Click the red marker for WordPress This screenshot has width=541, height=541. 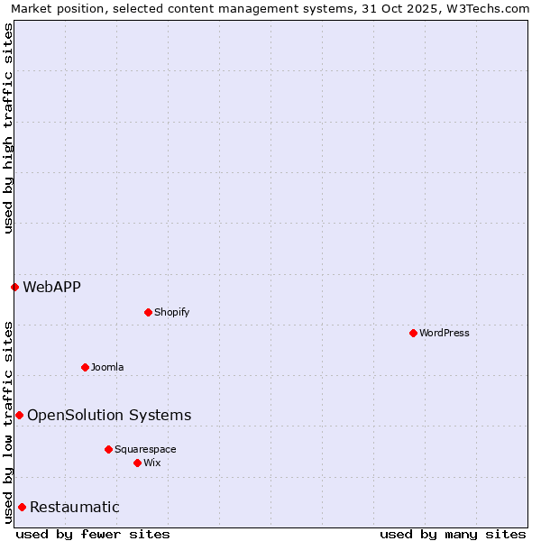[413, 333]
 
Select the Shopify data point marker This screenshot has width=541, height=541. [148, 312]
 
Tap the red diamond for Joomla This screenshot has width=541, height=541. [85, 367]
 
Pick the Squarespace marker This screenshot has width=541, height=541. [108, 449]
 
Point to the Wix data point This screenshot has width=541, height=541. [137, 463]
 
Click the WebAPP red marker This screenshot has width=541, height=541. [14, 287]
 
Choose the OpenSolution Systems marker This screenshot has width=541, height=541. [19, 415]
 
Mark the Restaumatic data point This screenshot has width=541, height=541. [22, 507]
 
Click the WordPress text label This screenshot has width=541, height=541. [445, 333]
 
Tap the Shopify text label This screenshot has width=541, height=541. [171, 312]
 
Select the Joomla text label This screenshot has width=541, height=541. [107, 367]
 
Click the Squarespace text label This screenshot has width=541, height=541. [145, 449]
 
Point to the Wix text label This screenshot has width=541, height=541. [151, 463]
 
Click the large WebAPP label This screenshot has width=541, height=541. [51, 288]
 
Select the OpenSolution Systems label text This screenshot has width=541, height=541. [109, 415]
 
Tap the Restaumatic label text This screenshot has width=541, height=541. [74, 507]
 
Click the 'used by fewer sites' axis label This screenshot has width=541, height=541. [93, 534]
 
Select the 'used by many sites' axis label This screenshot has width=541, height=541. [453, 534]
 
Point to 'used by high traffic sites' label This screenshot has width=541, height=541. [8, 128]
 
